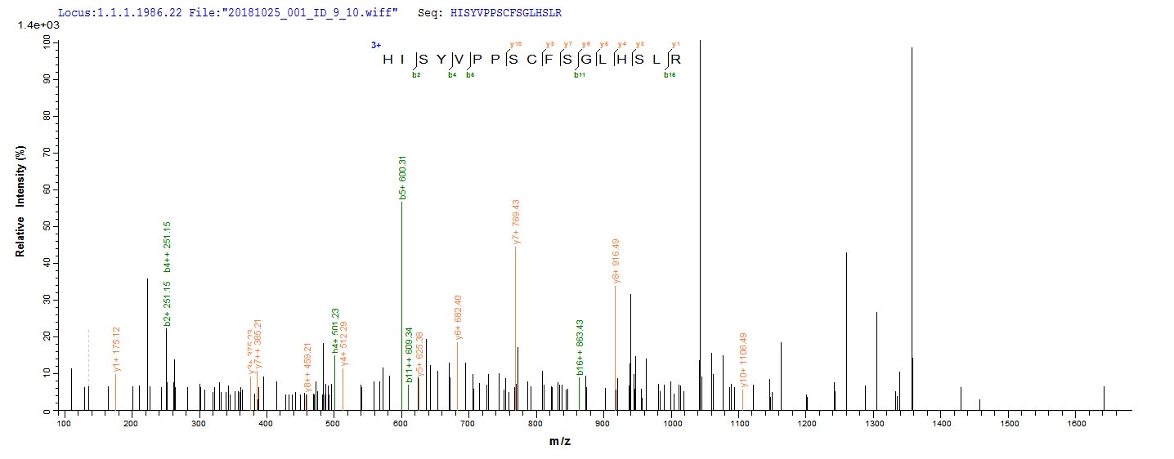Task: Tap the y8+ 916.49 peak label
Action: tap(616, 261)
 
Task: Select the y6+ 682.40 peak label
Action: tap(459, 318)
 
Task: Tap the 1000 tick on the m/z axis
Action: tap(671, 423)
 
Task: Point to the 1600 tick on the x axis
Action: tap(1076, 423)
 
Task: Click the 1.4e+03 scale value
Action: tap(34, 25)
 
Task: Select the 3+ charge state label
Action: tap(375, 46)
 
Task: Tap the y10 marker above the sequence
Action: tap(515, 43)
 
